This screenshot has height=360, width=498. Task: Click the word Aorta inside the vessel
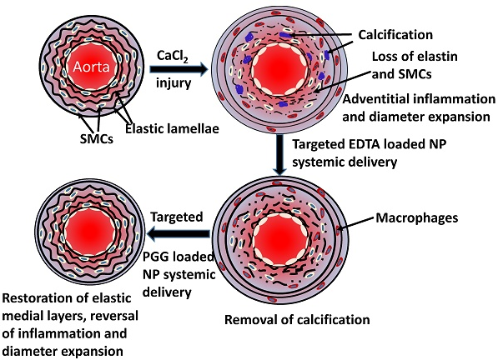pyautogui.click(x=92, y=67)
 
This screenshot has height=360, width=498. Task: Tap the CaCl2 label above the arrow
pyautogui.click(x=174, y=57)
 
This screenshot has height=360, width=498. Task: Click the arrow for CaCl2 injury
pyautogui.click(x=179, y=69)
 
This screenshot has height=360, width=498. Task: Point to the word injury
pyautogui.click(x=174, y=83)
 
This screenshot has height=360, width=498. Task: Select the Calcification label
pyautogui.click(x=395, y=34)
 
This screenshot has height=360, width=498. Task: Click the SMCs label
pyautogui.click(x=97, y=138)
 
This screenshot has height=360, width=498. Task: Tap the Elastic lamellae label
pyautogui.click(x=172, y=129)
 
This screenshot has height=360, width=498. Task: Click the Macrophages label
pyautogui.click(x=417, y=217)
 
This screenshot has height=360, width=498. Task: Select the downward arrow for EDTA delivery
pyautogui.click(x=279, y=155)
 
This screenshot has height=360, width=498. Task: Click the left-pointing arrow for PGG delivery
pyautogui.click(x=179, y=234)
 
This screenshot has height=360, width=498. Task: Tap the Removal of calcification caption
pyautogui.click(x=297, y=319)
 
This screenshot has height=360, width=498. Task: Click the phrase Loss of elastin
pyautogui.click(x=415, y=57)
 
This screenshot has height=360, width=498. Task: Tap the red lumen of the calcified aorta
pyautogui.click(x=279, y=69)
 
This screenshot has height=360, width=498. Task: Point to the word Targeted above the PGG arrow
pyautogui.click(x=177, y=217)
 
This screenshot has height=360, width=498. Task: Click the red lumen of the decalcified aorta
pyautogui.click(x=281, y=239)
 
